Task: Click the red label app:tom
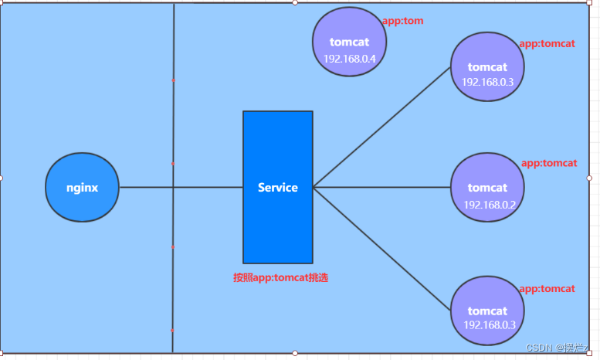pyautogui.click(x=402, y=21)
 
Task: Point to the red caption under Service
pyautogui.click(x=280, y=277)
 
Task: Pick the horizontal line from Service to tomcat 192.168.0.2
pyautogui.click(x=382, y=187)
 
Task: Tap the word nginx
pyautogui.click(x=83, y=187)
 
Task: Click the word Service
pyautogui.click(x=278, y=187)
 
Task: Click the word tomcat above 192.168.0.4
pyautogui.click(x=349, y=42)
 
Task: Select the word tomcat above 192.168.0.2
pyautogui.click(x=487, y=188)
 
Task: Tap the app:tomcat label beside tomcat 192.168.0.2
pyautogui.click(x=549, y=163)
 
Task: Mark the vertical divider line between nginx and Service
pyautogui.click(x=173, y=116)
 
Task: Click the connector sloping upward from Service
pyautogui.click(x=382, y=127)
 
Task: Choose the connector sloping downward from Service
pyautogui.click(x=382, y=247)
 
